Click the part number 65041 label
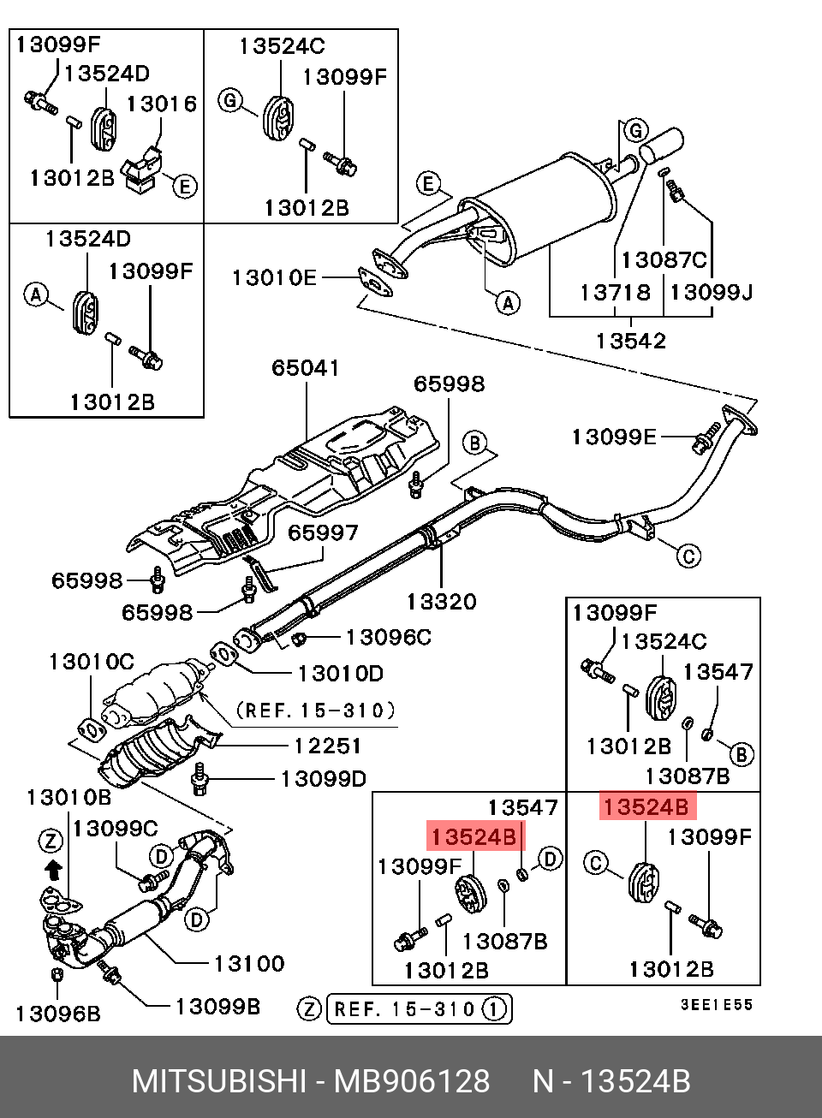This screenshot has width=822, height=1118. click(x=306, y=368)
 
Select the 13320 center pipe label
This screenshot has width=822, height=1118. click(x=442, y=602)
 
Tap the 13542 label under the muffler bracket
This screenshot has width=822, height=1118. click(x=631, y=341)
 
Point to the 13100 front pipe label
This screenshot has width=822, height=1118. click(x=249, y=963)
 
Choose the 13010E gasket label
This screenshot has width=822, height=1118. click(x=275, y=277)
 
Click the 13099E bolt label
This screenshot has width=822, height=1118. click(x=614, y=437)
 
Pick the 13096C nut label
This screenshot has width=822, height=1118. click(x=389, y=637)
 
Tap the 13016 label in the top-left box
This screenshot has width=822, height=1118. click(x=162, y=104)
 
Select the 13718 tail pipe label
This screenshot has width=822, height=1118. click(x=616, y=293)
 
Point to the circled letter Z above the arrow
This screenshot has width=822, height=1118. click(x=51, y=841)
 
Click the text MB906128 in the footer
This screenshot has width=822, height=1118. click(x=412, y=1081)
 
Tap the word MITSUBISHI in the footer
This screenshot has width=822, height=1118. click(x=219, y=1081)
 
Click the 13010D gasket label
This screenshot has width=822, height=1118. click(x=341, y=674)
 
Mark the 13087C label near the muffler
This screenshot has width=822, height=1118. click(x=664, y=260)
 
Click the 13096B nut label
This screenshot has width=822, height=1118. click(x=58, y=1014)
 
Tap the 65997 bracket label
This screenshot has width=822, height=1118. click(x=324, y=532)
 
